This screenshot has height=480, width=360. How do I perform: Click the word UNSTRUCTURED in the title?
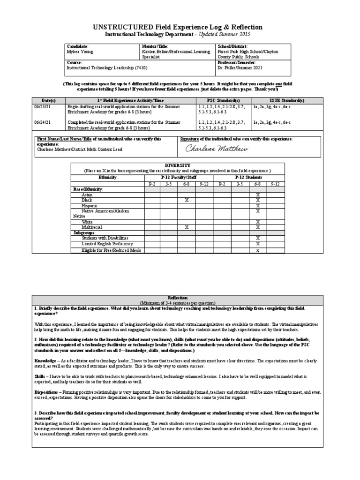pyautogui.click(x=119, y=27)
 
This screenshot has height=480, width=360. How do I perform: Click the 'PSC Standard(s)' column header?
pyautogui.click(x=223, y=101)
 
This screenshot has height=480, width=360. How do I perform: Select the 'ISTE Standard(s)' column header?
pyautogui.click(x=278, y=101)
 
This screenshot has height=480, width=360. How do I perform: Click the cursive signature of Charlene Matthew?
pyautogui.click(x=210, y=149)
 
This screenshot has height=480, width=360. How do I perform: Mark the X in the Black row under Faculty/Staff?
pyautogui.click(x=187, y=200)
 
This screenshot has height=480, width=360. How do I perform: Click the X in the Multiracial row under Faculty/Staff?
pyautogui.click(x=187, y=227)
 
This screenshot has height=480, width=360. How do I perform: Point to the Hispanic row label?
pyautogui.click(x=90, y=206)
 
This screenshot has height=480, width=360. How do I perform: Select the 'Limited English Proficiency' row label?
pyautogui.click(x=107, y=244)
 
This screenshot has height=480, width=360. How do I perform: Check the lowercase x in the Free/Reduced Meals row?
pyautogui.click(x=257, y=250)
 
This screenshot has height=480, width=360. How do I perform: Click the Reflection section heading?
pyautogui.click(x=180, y=298)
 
